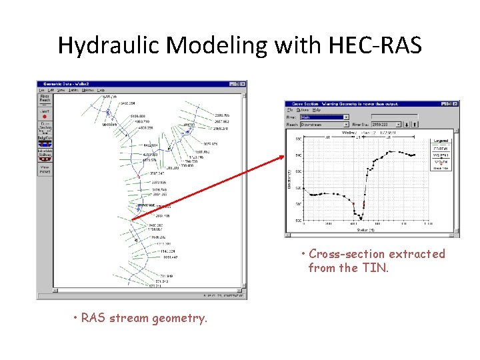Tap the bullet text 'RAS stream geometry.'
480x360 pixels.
pos(144,318)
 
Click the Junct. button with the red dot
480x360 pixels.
pos(45,115)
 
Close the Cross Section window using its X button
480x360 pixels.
pos(455,104)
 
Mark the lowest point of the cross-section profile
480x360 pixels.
pos(361,219)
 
